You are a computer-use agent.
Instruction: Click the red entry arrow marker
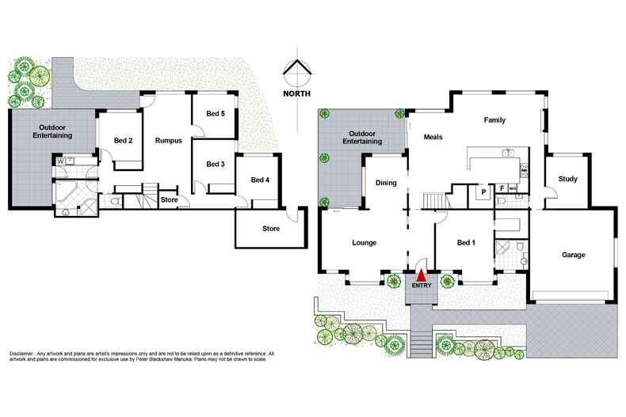pyautogui.click(x=421, y=273)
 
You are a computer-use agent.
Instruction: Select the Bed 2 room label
pyautogui.click(x=122, y=141)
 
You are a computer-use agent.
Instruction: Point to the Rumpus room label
pyautogui.click(x=168, y=141)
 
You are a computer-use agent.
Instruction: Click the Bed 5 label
pyautogui.click(x=216, y=114)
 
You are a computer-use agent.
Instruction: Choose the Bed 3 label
pyautogui.click(x=216, y=165)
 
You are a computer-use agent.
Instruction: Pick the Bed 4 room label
pyautogui.click(x=260, y=180)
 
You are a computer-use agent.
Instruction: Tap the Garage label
pyautogui.click(x=573, y=255)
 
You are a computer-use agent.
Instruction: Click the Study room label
pyautogui.click(x=567, y=180)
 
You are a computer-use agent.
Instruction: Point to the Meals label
pyautogui.click(x=433, y=137)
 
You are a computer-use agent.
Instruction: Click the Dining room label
pyautogui.click(x=386, y=183)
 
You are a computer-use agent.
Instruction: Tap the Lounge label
pyautogui.click(x=364, y=243)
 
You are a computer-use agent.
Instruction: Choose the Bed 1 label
pyautogui.click(x=467, y=243)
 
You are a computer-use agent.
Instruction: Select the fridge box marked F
pyautogui.click(x=502, y=188)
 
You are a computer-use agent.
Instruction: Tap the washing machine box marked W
pyautogui.click(x=60, y=161)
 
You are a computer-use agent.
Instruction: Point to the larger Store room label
pyautogui.click(x=271, y=229)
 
